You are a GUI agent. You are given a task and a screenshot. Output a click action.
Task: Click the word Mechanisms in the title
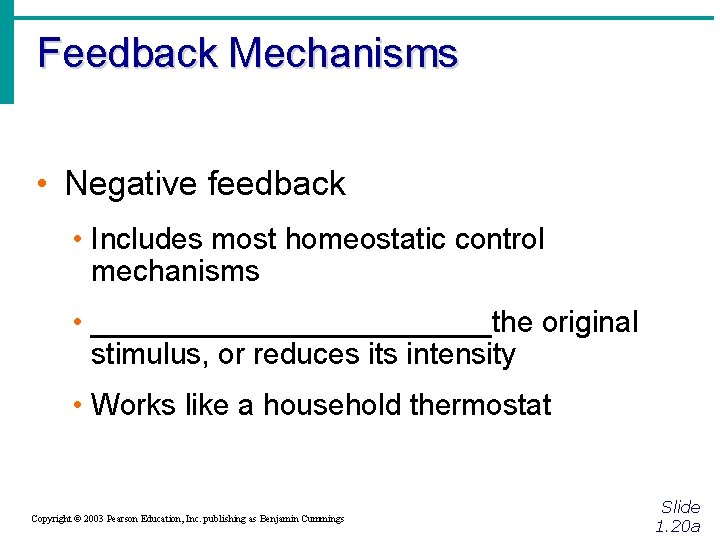coord(343,52)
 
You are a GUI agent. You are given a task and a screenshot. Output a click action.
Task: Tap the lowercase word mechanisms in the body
coord(174,271)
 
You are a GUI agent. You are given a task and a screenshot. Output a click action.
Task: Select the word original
coord(589,323)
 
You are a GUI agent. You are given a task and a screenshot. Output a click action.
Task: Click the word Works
coord(129,405)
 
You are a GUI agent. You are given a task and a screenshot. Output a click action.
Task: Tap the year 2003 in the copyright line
coord(94,519)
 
